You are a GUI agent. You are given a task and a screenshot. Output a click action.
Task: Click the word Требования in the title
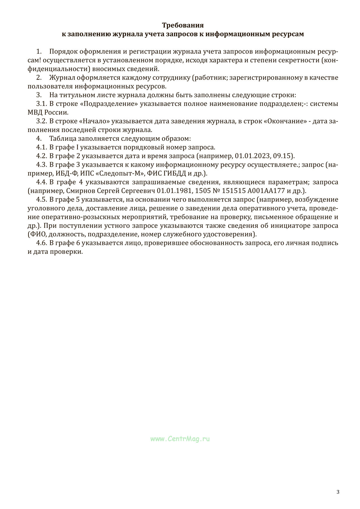[x=183, y=25]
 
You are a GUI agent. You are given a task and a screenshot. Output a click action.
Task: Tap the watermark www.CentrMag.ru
[x=180, y=439]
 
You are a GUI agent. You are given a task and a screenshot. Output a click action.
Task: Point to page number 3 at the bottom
[x=338, y=492]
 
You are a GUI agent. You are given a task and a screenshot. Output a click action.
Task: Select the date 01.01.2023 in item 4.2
[x=250, y=156]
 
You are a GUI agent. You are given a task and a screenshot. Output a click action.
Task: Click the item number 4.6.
[x=41, y=243]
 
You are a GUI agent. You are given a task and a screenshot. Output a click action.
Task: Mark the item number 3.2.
[x=41, y=121]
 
